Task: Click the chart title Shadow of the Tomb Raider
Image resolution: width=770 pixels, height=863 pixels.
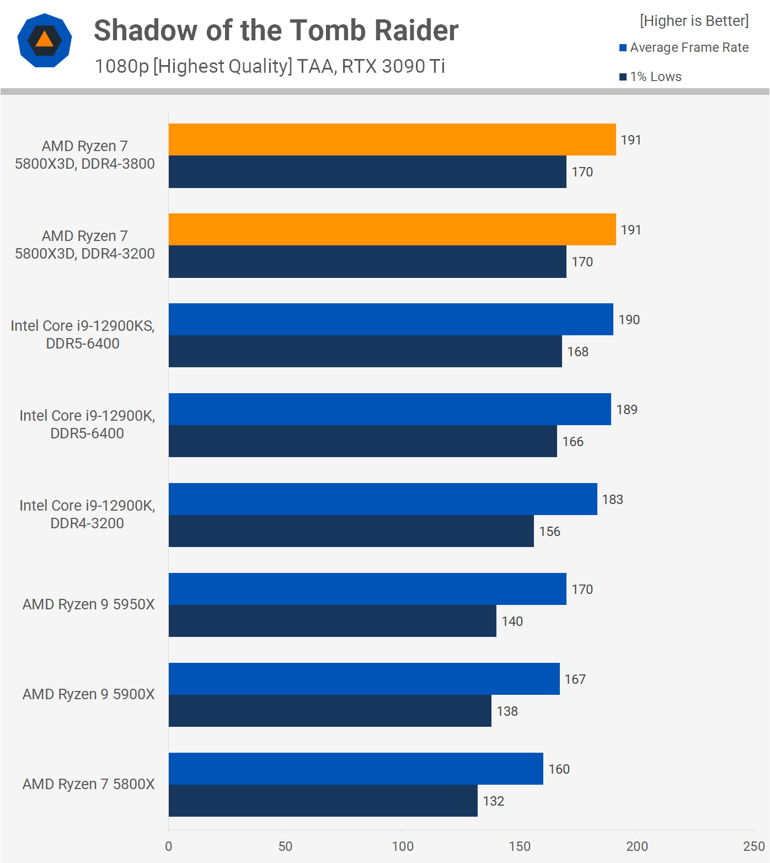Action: (276, 30)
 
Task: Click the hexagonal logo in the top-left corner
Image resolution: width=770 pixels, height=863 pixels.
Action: (45, 40)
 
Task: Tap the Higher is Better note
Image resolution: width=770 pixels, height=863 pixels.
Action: (694, 21)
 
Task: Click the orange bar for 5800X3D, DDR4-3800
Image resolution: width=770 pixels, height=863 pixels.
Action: (392, 140)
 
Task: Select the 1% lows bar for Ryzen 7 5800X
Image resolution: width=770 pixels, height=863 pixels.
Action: (323, 801)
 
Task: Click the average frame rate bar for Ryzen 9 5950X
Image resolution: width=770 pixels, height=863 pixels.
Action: (367, 589)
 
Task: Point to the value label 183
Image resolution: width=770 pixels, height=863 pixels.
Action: (612, 500)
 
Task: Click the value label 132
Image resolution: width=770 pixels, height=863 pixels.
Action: (494, 801)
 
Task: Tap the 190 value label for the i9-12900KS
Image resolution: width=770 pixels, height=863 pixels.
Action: (629, 320)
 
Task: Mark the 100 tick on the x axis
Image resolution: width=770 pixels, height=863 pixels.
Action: (403, 846)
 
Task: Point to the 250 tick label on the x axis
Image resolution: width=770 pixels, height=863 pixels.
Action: (753, 846)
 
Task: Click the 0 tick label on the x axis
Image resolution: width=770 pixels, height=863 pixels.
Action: (169, 846)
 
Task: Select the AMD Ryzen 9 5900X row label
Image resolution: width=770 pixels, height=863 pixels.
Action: (88, 694)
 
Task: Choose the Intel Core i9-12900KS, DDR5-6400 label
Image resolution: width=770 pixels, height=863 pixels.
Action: (83, 335)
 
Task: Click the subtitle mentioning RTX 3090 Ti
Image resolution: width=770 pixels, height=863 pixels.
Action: (270, 66)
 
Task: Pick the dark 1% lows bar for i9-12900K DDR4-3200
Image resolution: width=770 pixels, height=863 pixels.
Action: (351, 531)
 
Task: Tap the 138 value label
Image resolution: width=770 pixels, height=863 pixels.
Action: (507, 711)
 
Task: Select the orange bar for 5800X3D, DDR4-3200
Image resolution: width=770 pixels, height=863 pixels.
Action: (392, 229)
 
